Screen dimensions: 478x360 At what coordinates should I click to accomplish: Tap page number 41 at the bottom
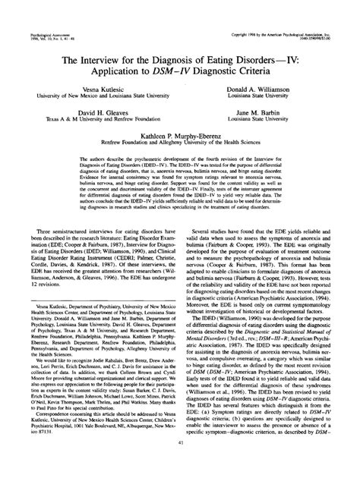(180, 464)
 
